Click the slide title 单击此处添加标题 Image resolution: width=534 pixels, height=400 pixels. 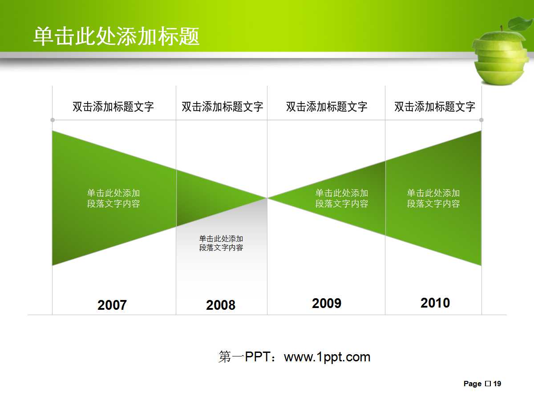[116, 36]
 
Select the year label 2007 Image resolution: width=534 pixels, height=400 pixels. [112, 305]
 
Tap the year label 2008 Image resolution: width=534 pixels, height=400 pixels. [221, 305]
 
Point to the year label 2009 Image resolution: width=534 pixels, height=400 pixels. [327, 304]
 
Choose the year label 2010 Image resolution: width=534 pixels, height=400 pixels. [435, 303]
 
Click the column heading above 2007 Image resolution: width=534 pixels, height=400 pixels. [113, 107]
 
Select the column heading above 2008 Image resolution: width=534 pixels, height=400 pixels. [222, 107]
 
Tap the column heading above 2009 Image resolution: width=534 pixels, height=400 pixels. [327, 107]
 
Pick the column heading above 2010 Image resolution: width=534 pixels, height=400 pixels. [435, 107]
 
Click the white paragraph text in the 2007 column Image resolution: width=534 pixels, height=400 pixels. [113, 199]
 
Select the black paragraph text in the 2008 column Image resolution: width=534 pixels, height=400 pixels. [221, 243]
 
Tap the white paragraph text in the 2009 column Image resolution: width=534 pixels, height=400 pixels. [342, 199]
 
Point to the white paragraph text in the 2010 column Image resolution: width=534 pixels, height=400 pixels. [433, 199]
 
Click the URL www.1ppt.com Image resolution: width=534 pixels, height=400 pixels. [327, 357]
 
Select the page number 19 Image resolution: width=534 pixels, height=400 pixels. [498, 384]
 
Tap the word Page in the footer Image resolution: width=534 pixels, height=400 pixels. [473, 384]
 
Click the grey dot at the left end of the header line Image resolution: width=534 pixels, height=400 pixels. [53, 120]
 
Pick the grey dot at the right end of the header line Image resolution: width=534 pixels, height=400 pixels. [481, 120]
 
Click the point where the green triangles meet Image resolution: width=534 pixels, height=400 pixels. [267, 198]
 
